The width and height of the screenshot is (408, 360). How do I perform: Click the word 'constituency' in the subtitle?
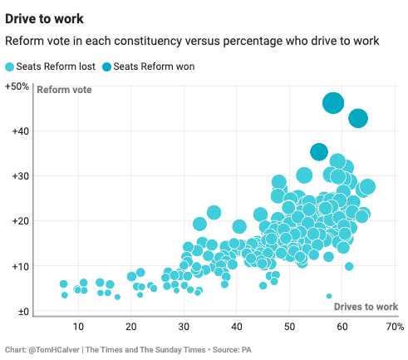click(x=153, y=42)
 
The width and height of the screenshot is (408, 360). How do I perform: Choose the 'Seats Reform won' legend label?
click(x=154, y=67)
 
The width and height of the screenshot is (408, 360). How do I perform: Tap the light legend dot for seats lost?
click(x=10, y=67)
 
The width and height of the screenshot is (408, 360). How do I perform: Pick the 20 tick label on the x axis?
click(x=131, y=326)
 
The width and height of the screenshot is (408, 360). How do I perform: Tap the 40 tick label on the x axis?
click(x=237, y=326)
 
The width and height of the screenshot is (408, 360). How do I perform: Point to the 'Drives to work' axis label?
click(x=366, y=307)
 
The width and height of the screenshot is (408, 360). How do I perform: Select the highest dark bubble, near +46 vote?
click(x=333, y=103)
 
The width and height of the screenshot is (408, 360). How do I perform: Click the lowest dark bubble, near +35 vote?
click(x=319, y=151)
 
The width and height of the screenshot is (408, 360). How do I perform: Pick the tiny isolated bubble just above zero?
click(x=329, y=296)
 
